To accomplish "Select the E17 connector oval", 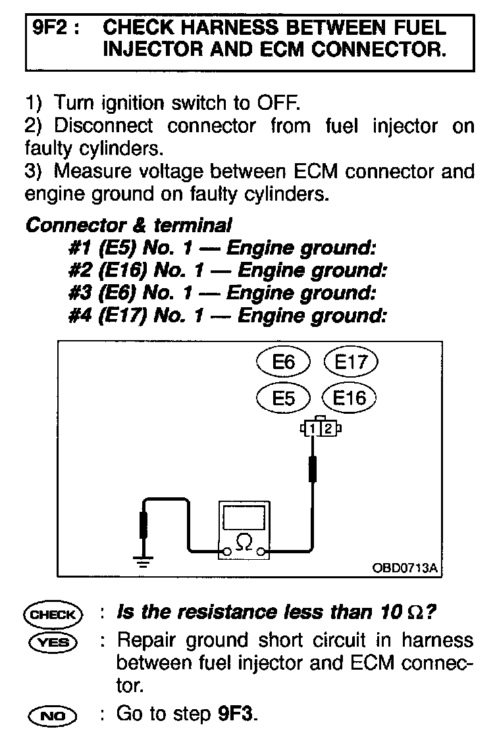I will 351,362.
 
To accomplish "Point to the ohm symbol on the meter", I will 244,541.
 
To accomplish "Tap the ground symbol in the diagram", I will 142,560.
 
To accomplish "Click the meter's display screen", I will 244,516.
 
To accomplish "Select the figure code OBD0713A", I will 404,566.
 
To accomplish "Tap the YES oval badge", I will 52,641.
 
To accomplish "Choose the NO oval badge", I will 52,714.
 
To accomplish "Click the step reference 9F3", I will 234,714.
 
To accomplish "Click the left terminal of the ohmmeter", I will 226,551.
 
